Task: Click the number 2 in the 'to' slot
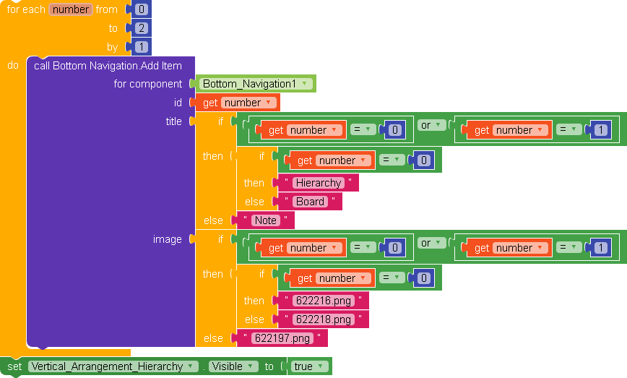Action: click(x=142, y=28)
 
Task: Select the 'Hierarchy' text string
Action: click(x=318, y=183)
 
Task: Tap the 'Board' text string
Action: click(x=310, y=202)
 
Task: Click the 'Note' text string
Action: click(x=265, y=220)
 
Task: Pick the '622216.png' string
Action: click(x=323, y=301)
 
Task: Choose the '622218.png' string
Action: click(x=323, y=319)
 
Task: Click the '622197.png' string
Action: click(x=282, y=338)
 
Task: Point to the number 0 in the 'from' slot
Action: click(x=142, y=9)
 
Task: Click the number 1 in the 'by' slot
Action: click(x=142, y=47)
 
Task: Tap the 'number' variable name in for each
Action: click(x=71, y=9)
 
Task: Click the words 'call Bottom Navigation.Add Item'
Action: click(x=108, y=66)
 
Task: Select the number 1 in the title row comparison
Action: click(x=601, y=130)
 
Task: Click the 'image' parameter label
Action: click(x=168, y=239)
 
